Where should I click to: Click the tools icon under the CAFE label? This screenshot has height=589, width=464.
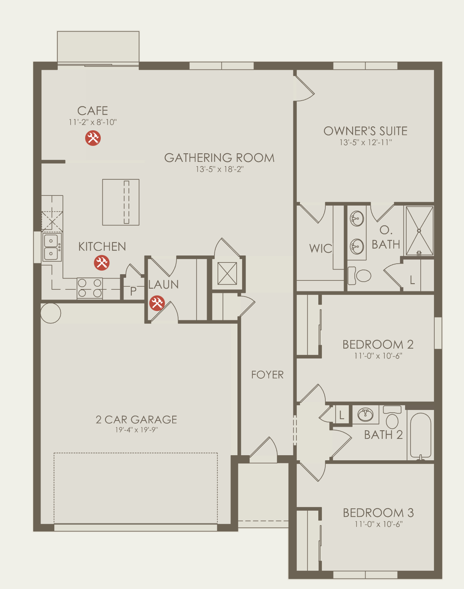93,138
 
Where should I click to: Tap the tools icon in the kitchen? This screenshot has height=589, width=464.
102,263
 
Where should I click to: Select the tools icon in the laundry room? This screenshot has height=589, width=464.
157,303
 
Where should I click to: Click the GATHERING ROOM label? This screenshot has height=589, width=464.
219,158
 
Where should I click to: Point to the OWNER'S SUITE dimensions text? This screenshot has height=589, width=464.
366,143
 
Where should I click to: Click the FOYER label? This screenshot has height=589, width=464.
267,375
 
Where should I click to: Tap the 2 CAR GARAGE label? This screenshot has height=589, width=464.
136,419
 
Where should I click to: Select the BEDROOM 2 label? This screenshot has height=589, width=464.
378,344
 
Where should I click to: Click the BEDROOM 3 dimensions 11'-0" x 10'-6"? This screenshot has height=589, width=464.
378,524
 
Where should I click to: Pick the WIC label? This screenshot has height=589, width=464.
321,248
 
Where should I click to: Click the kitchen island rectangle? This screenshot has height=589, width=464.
121,202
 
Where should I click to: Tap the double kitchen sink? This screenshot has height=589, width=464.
51,247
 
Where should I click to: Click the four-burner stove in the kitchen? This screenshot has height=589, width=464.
89,288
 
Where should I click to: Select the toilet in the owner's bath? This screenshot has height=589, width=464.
359,276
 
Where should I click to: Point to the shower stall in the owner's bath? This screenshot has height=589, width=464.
419,231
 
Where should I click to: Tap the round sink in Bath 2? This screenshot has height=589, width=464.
365,415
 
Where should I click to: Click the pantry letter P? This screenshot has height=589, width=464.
133,291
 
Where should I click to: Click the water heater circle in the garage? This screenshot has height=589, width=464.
51,313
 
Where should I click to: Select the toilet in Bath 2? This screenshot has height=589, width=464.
392,417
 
